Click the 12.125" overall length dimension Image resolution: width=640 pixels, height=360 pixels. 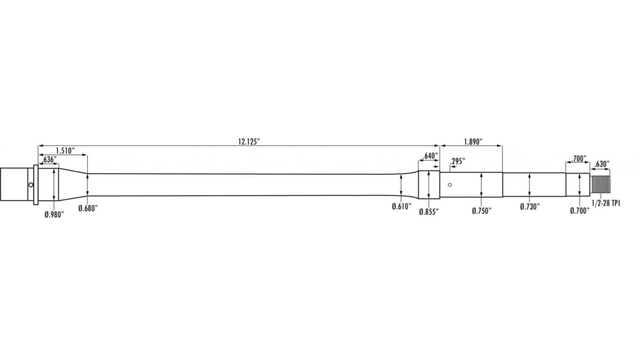pos(249,141)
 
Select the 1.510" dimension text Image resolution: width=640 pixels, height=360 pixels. pos(63,151)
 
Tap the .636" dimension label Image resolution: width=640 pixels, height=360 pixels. pos(49,160)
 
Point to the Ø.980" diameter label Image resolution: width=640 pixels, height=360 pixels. pos(54,214)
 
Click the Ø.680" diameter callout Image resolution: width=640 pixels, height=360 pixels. pos(88,208)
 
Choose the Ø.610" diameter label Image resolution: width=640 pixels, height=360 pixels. pos(401,206)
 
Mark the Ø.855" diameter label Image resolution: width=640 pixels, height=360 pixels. pos(429,211)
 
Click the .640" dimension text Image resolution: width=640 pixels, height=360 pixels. pos(430,156)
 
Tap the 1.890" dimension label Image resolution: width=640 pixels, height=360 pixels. pos(472,141)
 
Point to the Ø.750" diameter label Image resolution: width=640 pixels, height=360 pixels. pos(481,210)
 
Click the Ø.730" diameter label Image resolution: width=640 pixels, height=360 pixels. pos(529,207)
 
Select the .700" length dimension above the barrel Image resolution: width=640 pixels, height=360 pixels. pos(578,159)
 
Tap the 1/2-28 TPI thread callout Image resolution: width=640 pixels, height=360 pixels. pos(606,204)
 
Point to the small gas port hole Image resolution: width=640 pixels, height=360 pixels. pos(450,185)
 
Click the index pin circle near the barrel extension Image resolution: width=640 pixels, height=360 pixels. pos(31,185)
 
